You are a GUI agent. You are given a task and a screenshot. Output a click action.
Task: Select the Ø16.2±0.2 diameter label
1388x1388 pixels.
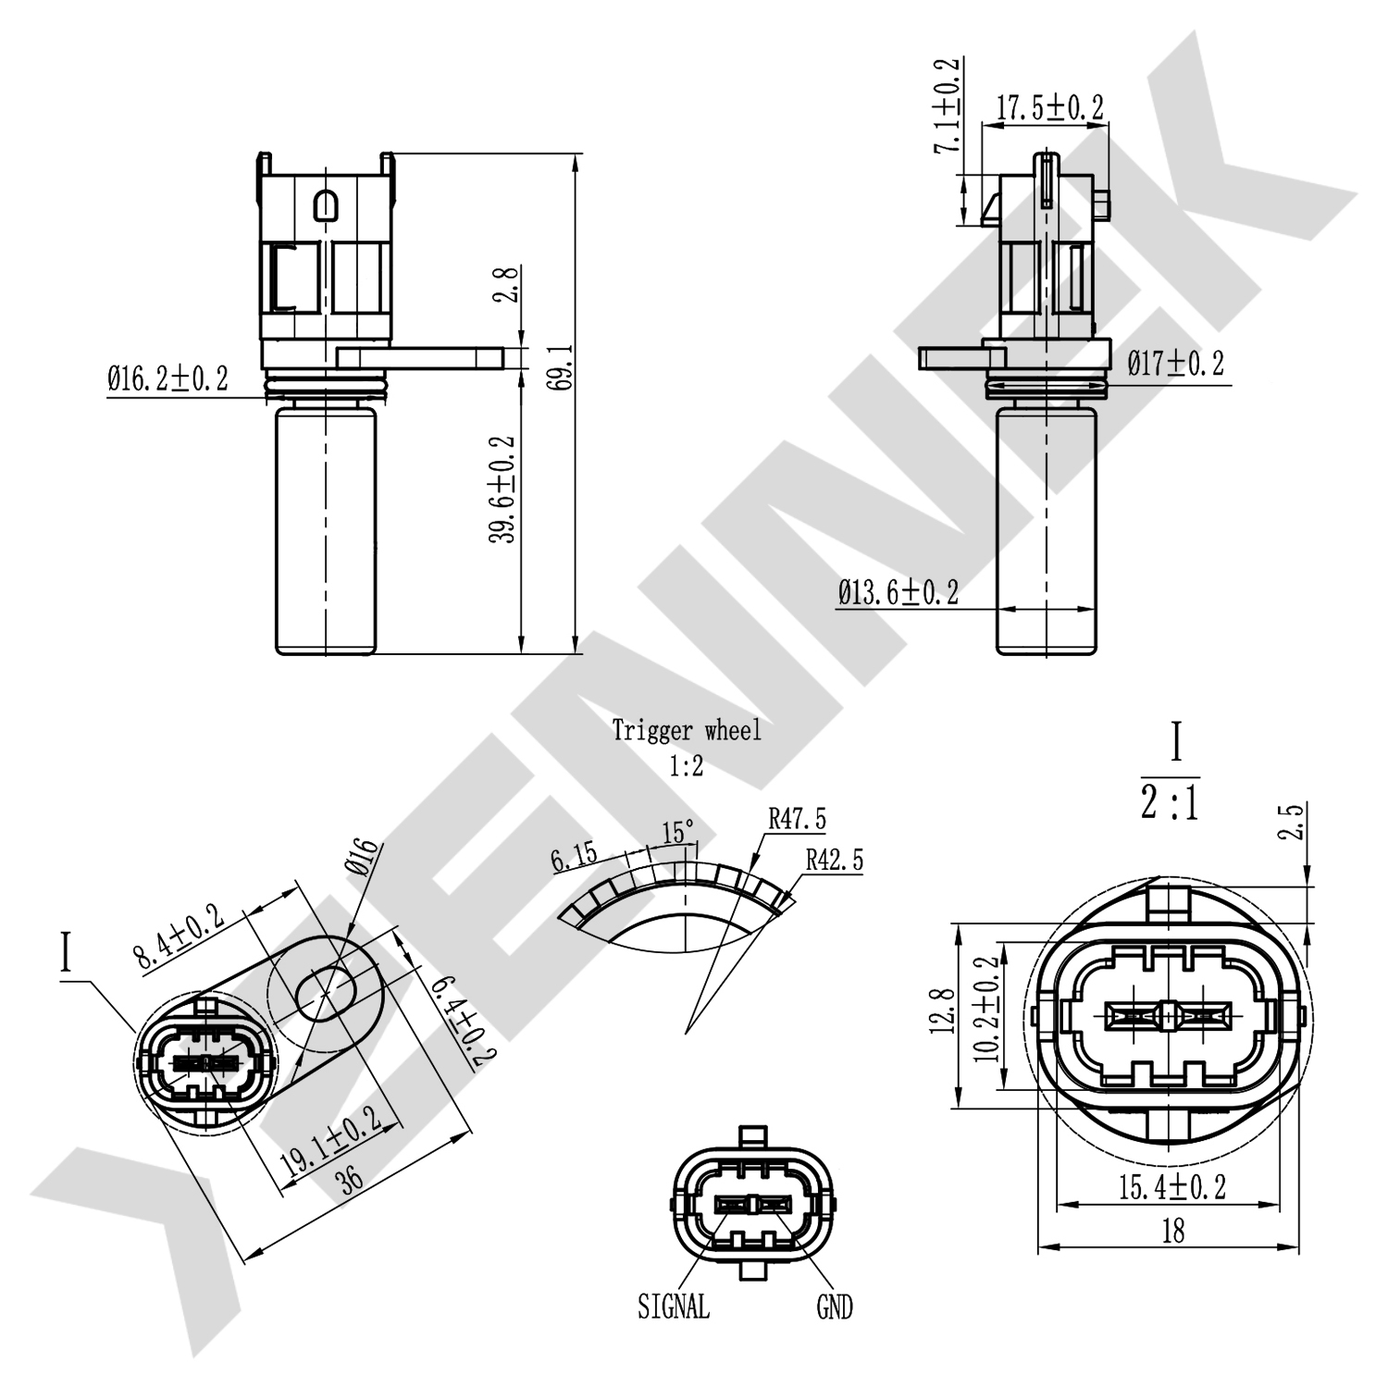pyautogui.click(x=167, y=378)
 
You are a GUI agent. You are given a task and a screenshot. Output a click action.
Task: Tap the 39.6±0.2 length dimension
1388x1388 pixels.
pyautogui.click(x=503, y=490)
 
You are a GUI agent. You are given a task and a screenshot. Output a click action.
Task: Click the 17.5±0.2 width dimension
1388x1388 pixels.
pyautogui.click(x=1049, y=108)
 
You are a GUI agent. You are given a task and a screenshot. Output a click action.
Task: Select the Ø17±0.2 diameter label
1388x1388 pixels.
pyautogui.click(x=1175, y=363)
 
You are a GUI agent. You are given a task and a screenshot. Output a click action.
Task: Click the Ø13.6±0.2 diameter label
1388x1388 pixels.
pyautogui.click(x=898, y=592)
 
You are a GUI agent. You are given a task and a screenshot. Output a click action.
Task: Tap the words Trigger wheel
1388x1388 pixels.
pyautogui.click(x=687, y=731)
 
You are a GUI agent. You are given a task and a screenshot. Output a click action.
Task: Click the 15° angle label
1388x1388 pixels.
pyautogui.click(x=677, y=833)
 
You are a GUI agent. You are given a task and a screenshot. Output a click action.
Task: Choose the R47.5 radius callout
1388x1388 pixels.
pyautogui.click(x=797, y=819)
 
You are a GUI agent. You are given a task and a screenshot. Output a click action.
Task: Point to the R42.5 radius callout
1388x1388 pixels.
pyautogui.click(x=834, y=860)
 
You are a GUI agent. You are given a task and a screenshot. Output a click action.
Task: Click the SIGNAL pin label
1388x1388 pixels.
pyautogui.click(x=673, y=1306)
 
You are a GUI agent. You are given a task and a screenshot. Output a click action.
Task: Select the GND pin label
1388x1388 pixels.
pyautogui.click(x=834, y=1307)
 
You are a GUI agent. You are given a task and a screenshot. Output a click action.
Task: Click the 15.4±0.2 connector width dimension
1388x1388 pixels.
pyautogui.click(x=1171, y=1187)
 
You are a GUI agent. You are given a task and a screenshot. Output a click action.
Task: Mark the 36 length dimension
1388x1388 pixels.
pyautogui.click(x=351, y=1180)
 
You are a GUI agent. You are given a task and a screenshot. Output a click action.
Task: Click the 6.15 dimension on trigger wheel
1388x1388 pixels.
pyautogui.click(x=575, y=857)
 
